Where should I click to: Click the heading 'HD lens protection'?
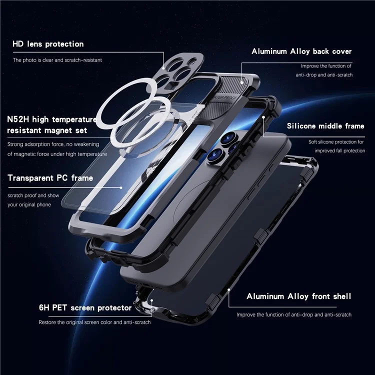[x=48, y=44]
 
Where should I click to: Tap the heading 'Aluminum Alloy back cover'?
[x=301, y=51]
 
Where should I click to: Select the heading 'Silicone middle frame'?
[x=325, y=126]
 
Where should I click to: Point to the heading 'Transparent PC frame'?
[x=50, y=178]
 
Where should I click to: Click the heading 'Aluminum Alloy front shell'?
[x=299, y=296]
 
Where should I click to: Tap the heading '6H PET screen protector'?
[x=85, y=307]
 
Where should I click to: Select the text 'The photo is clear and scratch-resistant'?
[x=57, y=60]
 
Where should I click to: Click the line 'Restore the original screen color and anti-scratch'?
[x=95, y=322]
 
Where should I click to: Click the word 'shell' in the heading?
[x=340, y=296]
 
